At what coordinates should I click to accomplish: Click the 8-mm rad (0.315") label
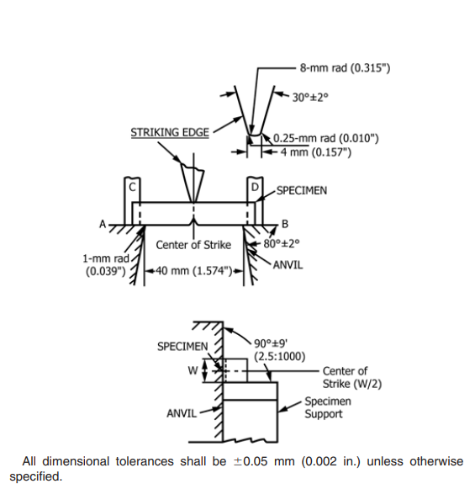345,67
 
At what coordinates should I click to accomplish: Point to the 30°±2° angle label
310,98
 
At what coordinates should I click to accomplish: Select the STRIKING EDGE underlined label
170,132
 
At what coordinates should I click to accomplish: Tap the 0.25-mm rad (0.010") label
326,138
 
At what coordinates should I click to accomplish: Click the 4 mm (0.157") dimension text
316,152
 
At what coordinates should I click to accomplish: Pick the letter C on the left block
132,187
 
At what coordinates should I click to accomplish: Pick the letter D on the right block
255,187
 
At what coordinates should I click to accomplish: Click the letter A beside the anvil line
103,224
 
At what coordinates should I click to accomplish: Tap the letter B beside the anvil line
285,224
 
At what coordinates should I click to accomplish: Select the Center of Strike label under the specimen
193,245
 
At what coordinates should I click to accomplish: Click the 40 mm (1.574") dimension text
193,271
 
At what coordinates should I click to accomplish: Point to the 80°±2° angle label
282,243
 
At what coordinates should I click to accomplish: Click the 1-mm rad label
106,258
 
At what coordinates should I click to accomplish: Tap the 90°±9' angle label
271,343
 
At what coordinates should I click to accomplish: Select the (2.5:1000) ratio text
280,356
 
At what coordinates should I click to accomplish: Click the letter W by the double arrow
193,370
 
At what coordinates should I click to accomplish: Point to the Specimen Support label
328,407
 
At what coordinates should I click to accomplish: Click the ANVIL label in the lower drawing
182,413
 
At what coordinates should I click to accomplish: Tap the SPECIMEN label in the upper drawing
302,190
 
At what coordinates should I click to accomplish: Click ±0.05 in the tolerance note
251,461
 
